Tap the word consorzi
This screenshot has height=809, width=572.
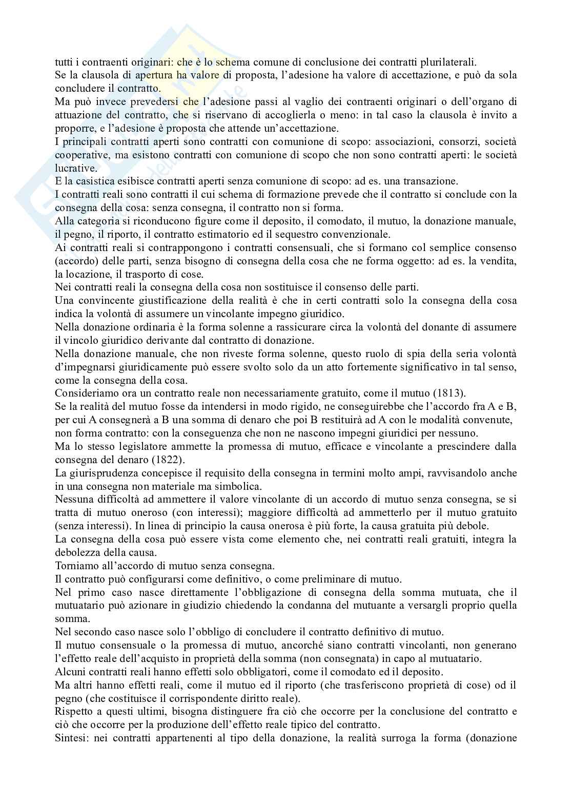click(x=448, y=141)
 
